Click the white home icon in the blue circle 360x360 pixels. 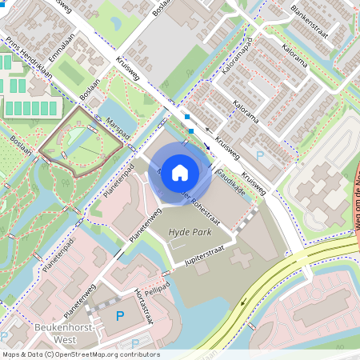point(180,172)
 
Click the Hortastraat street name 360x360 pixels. point(143,305)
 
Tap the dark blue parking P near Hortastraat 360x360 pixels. point(122,316)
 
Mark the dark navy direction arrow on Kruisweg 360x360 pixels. point(206,146)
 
